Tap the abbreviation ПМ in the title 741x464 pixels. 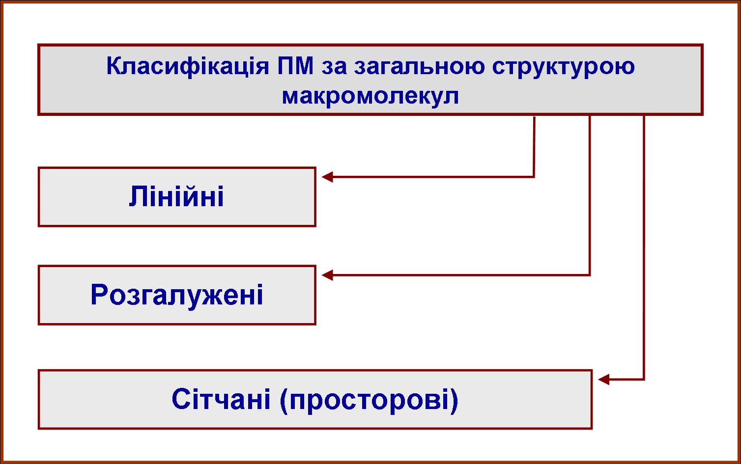pyautogui.click(x=295, y=66)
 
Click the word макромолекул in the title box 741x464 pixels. pyautogui.click(x=370, y=96)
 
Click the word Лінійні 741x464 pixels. pyautogui.click(x=176, y=196)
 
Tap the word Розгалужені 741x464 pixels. pyautogui.click(x=176, y=295)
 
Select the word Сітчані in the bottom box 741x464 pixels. pyautogui.click(x=221, y=399)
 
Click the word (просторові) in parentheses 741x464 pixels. pyautogui.click(x=369, y=400)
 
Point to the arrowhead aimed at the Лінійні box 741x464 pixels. pyautogui.click(x=327, y=177)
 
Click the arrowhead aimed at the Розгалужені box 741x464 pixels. pyautogui.click(x=327, y=275)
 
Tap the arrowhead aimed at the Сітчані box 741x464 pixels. pyautogui.click(x=604, y=380)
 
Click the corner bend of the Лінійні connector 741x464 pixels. pyautogui.click(x=534, y=177)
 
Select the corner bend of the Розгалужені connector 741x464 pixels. pyautogui.click(x=590, y=275)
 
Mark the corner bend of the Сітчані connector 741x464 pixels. pyautogui.click(x=644, y=380)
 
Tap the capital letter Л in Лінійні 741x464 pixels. pyautogui.click(x=138, y=196)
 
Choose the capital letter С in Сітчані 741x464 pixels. pyautogui.click(x=181, y=399)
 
